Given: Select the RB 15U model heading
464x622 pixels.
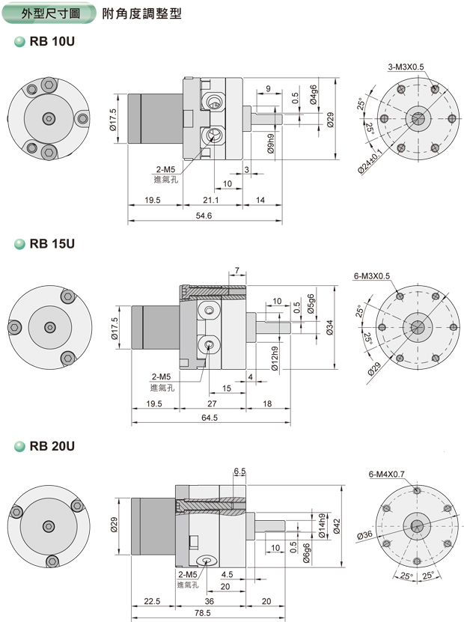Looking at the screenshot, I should (x=52, y=244).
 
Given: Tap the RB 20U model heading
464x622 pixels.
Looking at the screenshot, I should (x=52, y=447).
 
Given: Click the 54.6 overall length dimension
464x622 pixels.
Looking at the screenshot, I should (x=204, y=216).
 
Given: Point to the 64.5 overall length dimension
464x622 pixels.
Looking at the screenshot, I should (x=209, y=418).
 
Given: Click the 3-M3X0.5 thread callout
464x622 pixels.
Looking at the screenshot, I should (x=406, y=67).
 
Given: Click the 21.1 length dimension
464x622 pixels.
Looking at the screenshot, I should (x=211, y=200).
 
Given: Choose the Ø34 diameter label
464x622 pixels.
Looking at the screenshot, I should (x=331, y=327).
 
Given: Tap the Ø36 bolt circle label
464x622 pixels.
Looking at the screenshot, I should (x=365, y=534).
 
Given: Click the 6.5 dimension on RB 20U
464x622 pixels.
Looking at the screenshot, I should (x=239, y=472).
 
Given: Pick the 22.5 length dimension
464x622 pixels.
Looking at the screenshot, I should (x=153, y=600).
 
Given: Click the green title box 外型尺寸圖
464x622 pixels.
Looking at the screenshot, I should (x=50, y=13).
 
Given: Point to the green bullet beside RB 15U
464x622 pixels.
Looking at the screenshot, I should (x=20, y=244).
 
